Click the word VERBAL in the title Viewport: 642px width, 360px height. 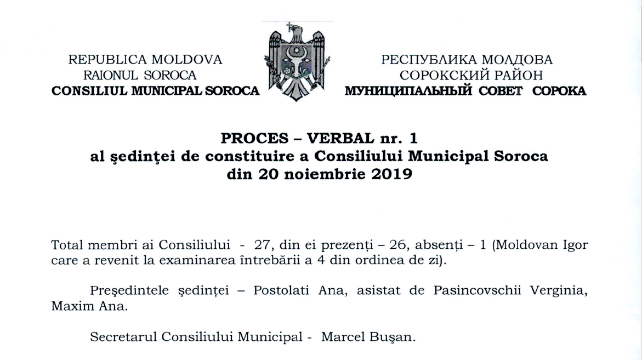pyautogui.click(x=340, y=135)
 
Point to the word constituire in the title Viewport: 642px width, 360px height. pyautogui.click(x=245, y=156)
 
